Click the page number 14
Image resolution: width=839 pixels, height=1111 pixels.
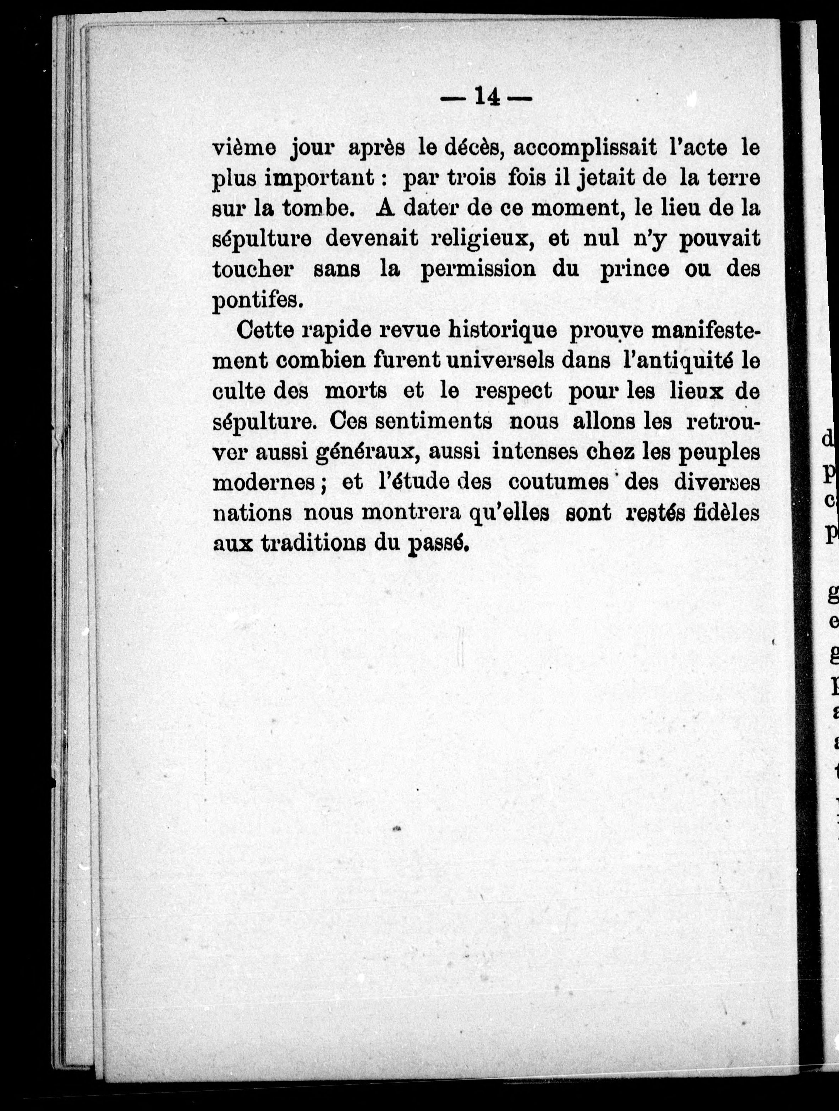coord(486,97)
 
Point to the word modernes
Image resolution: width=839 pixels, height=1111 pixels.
coord(264,483)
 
